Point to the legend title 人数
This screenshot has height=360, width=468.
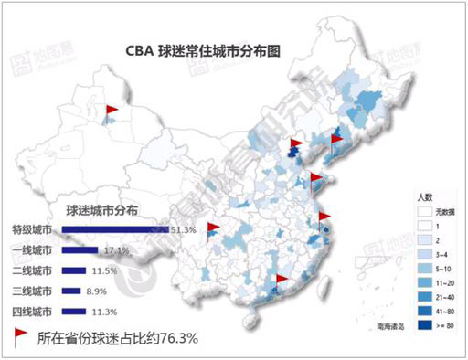(423, 196)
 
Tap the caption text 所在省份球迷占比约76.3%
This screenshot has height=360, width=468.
(118, 337)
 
